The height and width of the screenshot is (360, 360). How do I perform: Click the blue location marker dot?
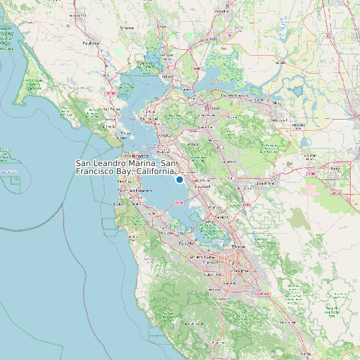pos(179,179)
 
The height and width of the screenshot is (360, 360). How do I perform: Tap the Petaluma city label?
pos(90,42)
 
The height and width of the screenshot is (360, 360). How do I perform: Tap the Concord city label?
pos(212,108)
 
